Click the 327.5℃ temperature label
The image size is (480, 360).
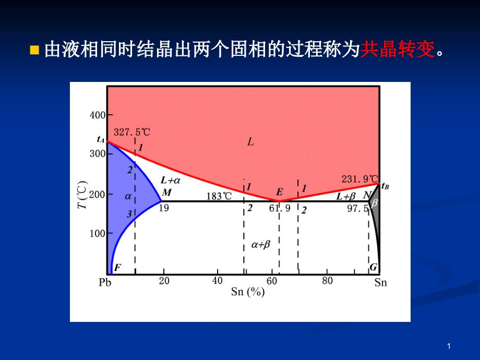click(132, 132)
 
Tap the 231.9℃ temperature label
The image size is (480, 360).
click(360, 179)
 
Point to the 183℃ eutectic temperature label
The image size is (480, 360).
click(219, 196)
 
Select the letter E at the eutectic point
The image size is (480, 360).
click(280, 192)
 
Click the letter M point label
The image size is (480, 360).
click(167, 193)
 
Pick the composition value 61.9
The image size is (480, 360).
click(280, 209)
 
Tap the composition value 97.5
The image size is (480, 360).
click(357, 209)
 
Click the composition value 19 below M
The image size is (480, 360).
click(164, 208)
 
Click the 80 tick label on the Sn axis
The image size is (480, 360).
click(327, 280)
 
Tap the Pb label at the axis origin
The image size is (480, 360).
click(105, 282)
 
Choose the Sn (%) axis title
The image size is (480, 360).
click(248, 292)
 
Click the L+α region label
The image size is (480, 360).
click(171, 181)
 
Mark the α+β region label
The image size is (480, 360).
click(261, 245)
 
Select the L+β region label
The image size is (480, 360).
click(345, 196)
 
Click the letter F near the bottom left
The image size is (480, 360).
click(117, 268)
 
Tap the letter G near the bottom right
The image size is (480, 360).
click(373, 267)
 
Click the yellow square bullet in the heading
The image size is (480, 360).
click(34, 50)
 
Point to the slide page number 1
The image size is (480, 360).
click(449, 346)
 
